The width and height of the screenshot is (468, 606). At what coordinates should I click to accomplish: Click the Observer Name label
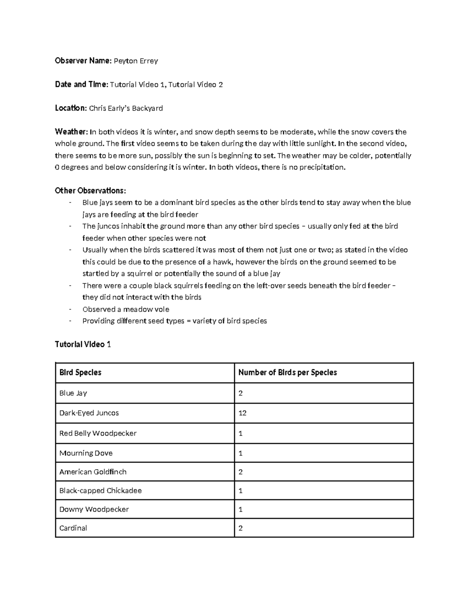pyautogui.click(x=83, y=61)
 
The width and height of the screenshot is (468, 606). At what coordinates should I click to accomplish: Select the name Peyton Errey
pyautogui.click(x=136, y=61)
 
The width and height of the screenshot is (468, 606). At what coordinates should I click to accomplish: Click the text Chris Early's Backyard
pyautogui.click(x=126, y=108)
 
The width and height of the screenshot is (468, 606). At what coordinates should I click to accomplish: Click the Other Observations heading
pyautogui.click(x=90, y=190)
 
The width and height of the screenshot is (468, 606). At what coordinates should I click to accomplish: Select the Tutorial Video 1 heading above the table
pyautogui.click(x=83, y=344)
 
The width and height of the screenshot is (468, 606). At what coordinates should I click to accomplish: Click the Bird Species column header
pyautogui.click(x=80, y=372)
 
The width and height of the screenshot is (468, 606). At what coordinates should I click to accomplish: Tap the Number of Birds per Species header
pyautogui.click(x=287, y=372)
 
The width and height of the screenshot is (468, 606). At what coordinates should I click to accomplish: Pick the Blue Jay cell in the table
pyautogui.click(x=73, y=393)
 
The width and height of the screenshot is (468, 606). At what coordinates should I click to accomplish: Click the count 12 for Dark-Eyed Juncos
pyautogui.click(x=242, y=413)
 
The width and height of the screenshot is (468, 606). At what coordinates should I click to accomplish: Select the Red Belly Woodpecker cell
pyautogui.click(x=98, y=433)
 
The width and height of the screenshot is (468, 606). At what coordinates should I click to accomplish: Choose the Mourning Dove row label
pyautogui.click(x=86, y=453)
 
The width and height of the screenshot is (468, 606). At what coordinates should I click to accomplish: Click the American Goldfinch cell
pyautogui.click(x=93, y=472)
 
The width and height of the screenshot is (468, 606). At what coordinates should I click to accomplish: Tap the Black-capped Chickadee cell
pyautogui.click(x=100, y=490)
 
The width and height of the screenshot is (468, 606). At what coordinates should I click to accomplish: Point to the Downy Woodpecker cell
pyautogui.click(x=94, y=509)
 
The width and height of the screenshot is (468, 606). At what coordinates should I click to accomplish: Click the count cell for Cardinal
pyautogui.click(x=241, y=528)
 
